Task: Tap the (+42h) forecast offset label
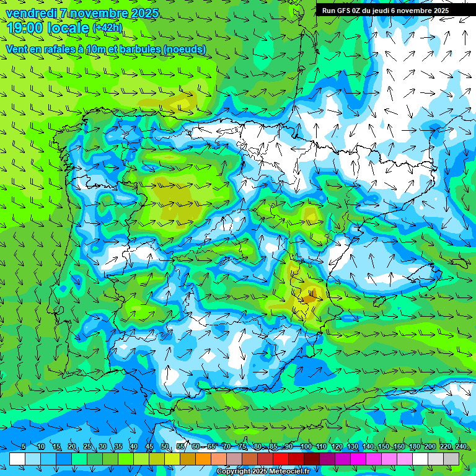pos(107,27)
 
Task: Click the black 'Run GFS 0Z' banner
pos(385,10)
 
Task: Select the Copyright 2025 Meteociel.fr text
pos(263,472)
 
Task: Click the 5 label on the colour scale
pos(24,446)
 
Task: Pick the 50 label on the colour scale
pos(165,446)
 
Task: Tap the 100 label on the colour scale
pos(306,446)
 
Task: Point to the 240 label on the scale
pos(461,446)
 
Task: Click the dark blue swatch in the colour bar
pos(64,459)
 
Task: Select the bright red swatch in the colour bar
pos(281,459)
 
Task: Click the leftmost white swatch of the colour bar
pos(17,459)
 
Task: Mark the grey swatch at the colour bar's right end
pos(451,459)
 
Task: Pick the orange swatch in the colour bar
pos(203,459)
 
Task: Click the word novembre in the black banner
pos(418,10)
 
